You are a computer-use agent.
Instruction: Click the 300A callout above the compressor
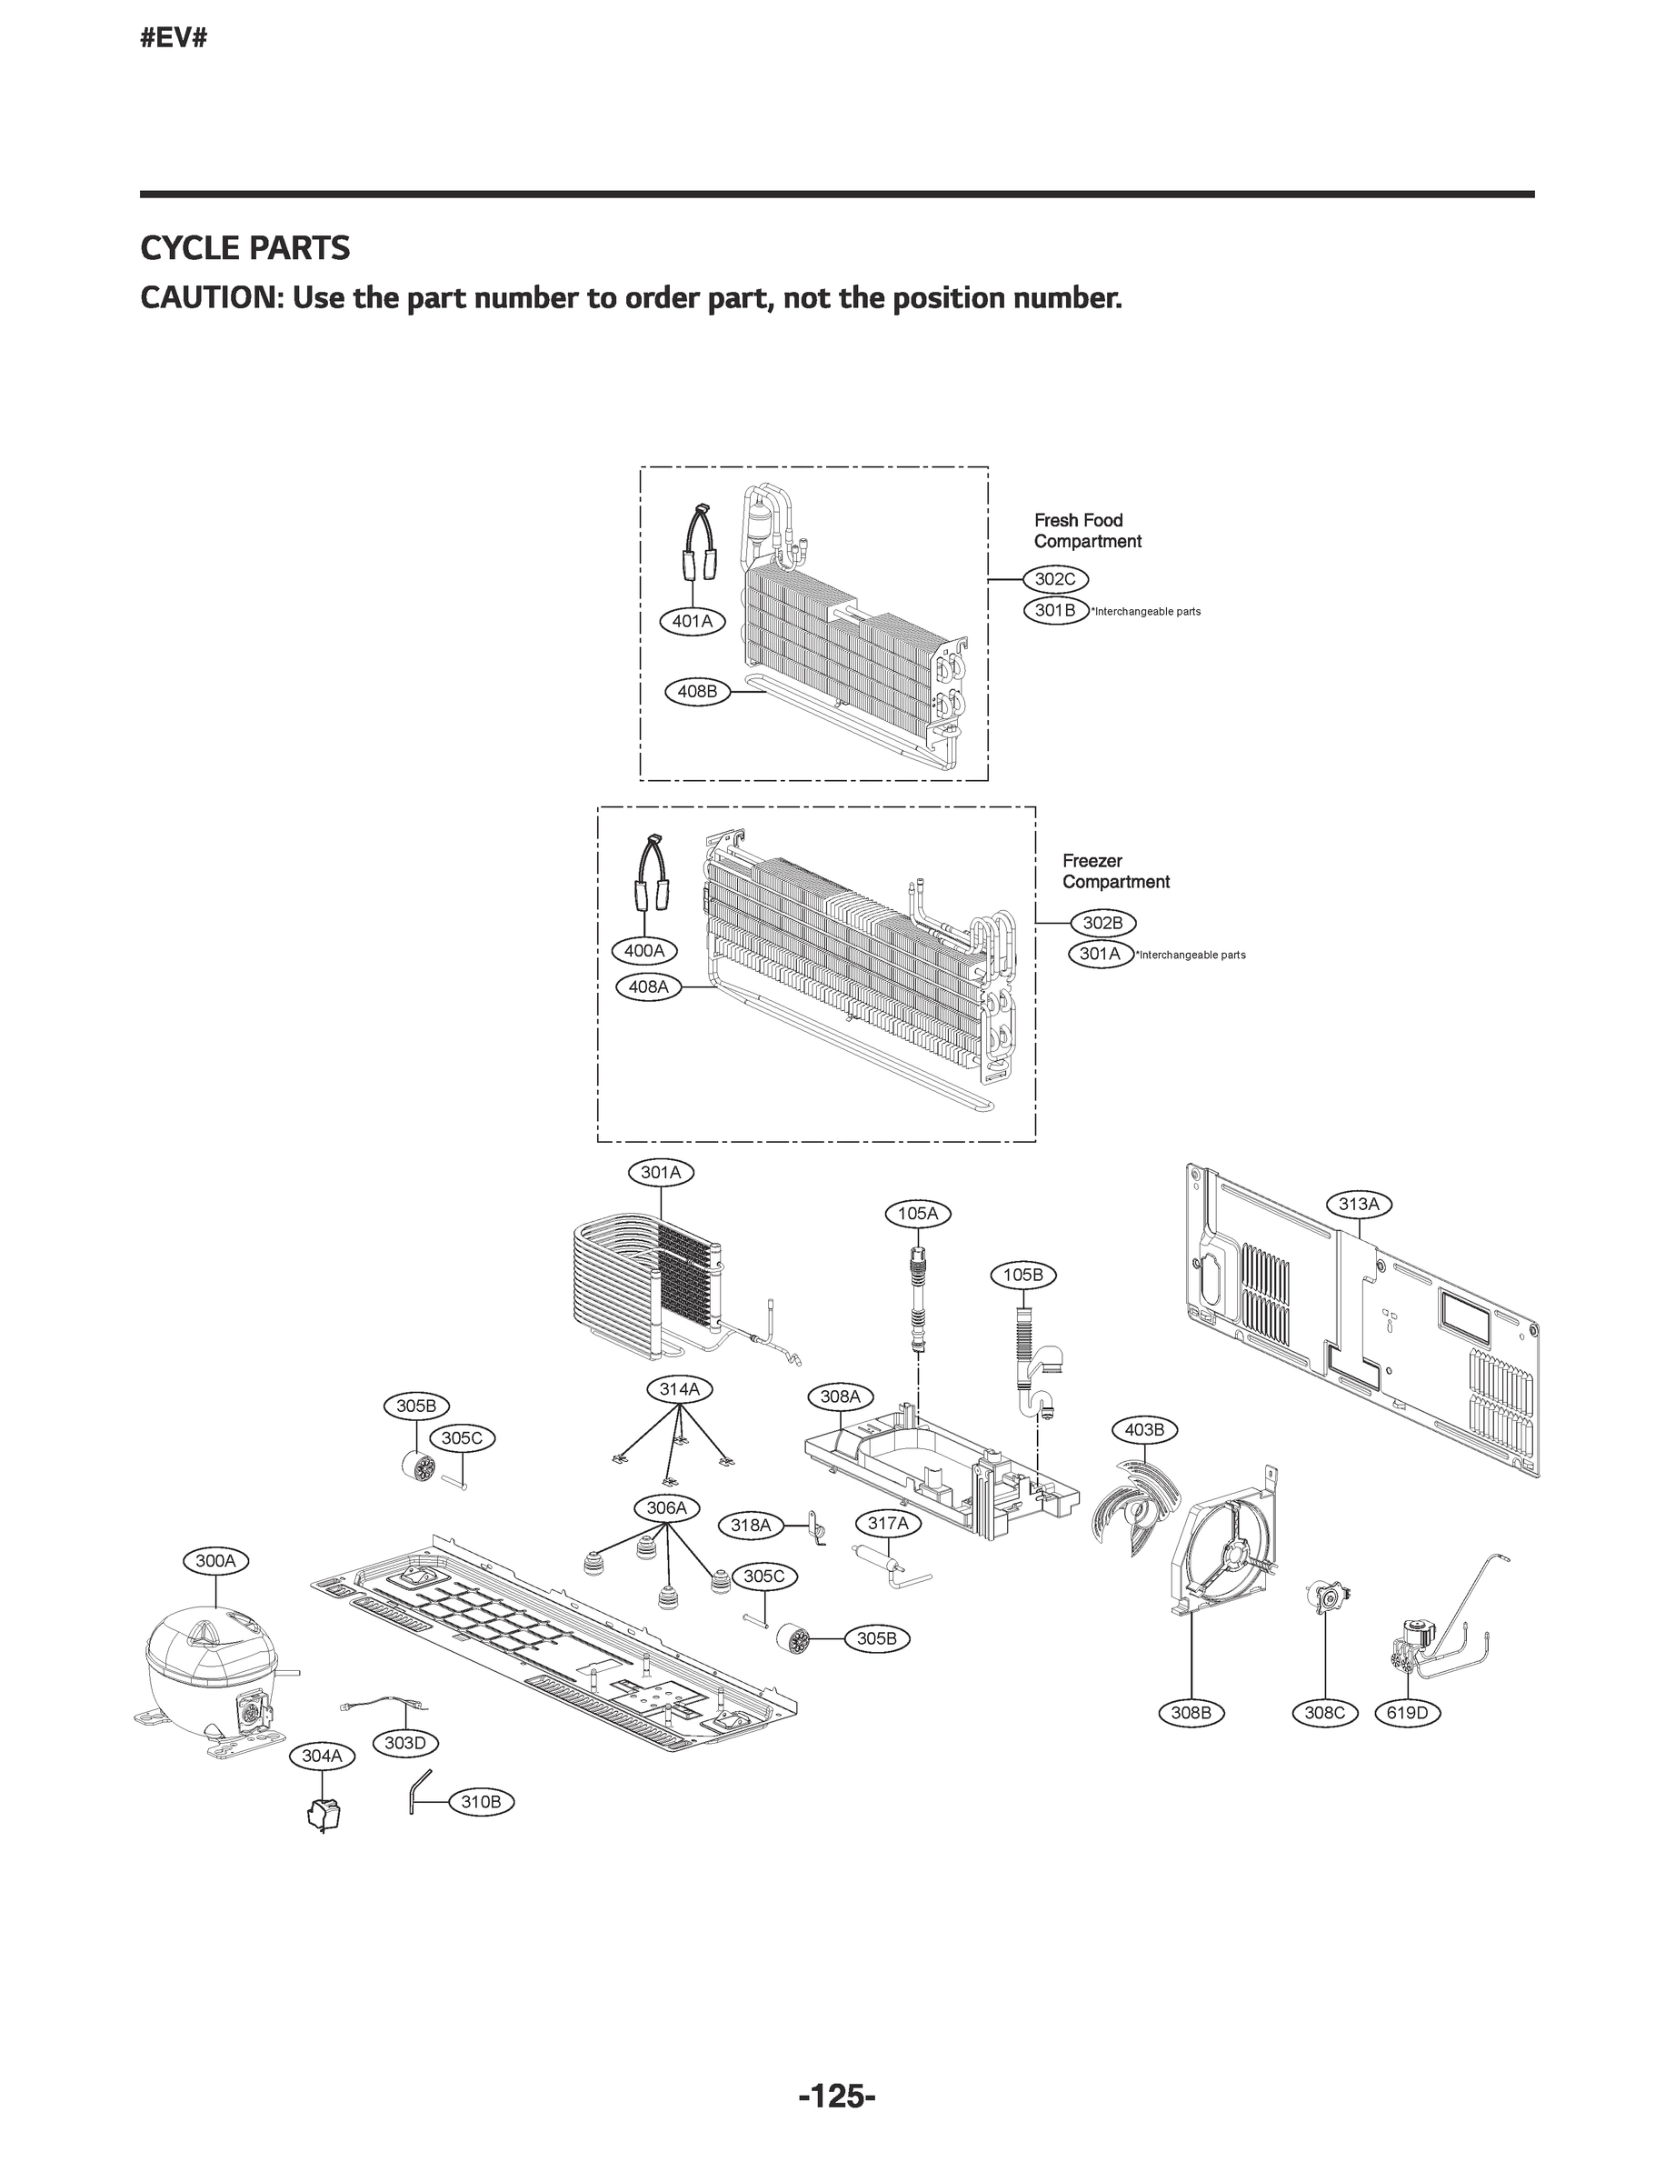[215, 1561]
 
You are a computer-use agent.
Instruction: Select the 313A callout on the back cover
[1358, 1204]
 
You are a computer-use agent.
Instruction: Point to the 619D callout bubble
[1408, 1713]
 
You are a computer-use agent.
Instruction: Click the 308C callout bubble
[1325, 1713]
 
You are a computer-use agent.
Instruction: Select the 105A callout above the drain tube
[917, 1214]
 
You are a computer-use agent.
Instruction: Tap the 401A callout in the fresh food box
[692, 621]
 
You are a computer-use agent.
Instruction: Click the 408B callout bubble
[697, 691]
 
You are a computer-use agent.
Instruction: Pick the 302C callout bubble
[1055, 579]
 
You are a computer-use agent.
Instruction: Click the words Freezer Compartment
[1114, 872]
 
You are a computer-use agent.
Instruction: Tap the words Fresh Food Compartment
[1087, 531]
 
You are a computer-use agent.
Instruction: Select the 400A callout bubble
[644, 950]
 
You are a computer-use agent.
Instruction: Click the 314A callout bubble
[680, 1389]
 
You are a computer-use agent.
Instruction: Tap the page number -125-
[836, 2097]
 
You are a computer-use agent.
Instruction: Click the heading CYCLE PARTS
[245, 248]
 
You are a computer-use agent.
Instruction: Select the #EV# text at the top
[174, 39]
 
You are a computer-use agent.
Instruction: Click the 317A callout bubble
[887, 1523]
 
